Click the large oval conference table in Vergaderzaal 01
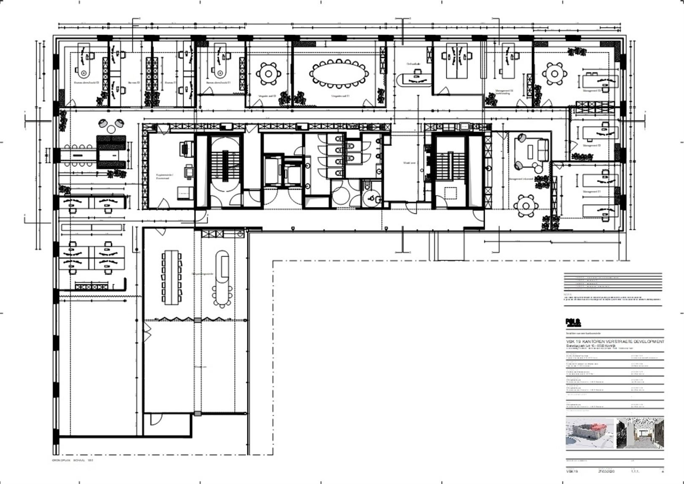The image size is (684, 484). click(339, 74)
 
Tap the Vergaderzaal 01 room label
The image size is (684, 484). click(340, 96)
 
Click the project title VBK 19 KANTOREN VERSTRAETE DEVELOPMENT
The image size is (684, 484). click(615, 341)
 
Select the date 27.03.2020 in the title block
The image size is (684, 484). click(606, 471)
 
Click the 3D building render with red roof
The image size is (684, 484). click(590, 433)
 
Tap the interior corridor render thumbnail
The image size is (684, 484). click(640, 433)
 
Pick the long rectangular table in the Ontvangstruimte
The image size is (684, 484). click(172, 277)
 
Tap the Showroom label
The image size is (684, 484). click(200, 367)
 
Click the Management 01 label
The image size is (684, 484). click(592, 192)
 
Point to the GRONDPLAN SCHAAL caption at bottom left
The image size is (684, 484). click(72, 460)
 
